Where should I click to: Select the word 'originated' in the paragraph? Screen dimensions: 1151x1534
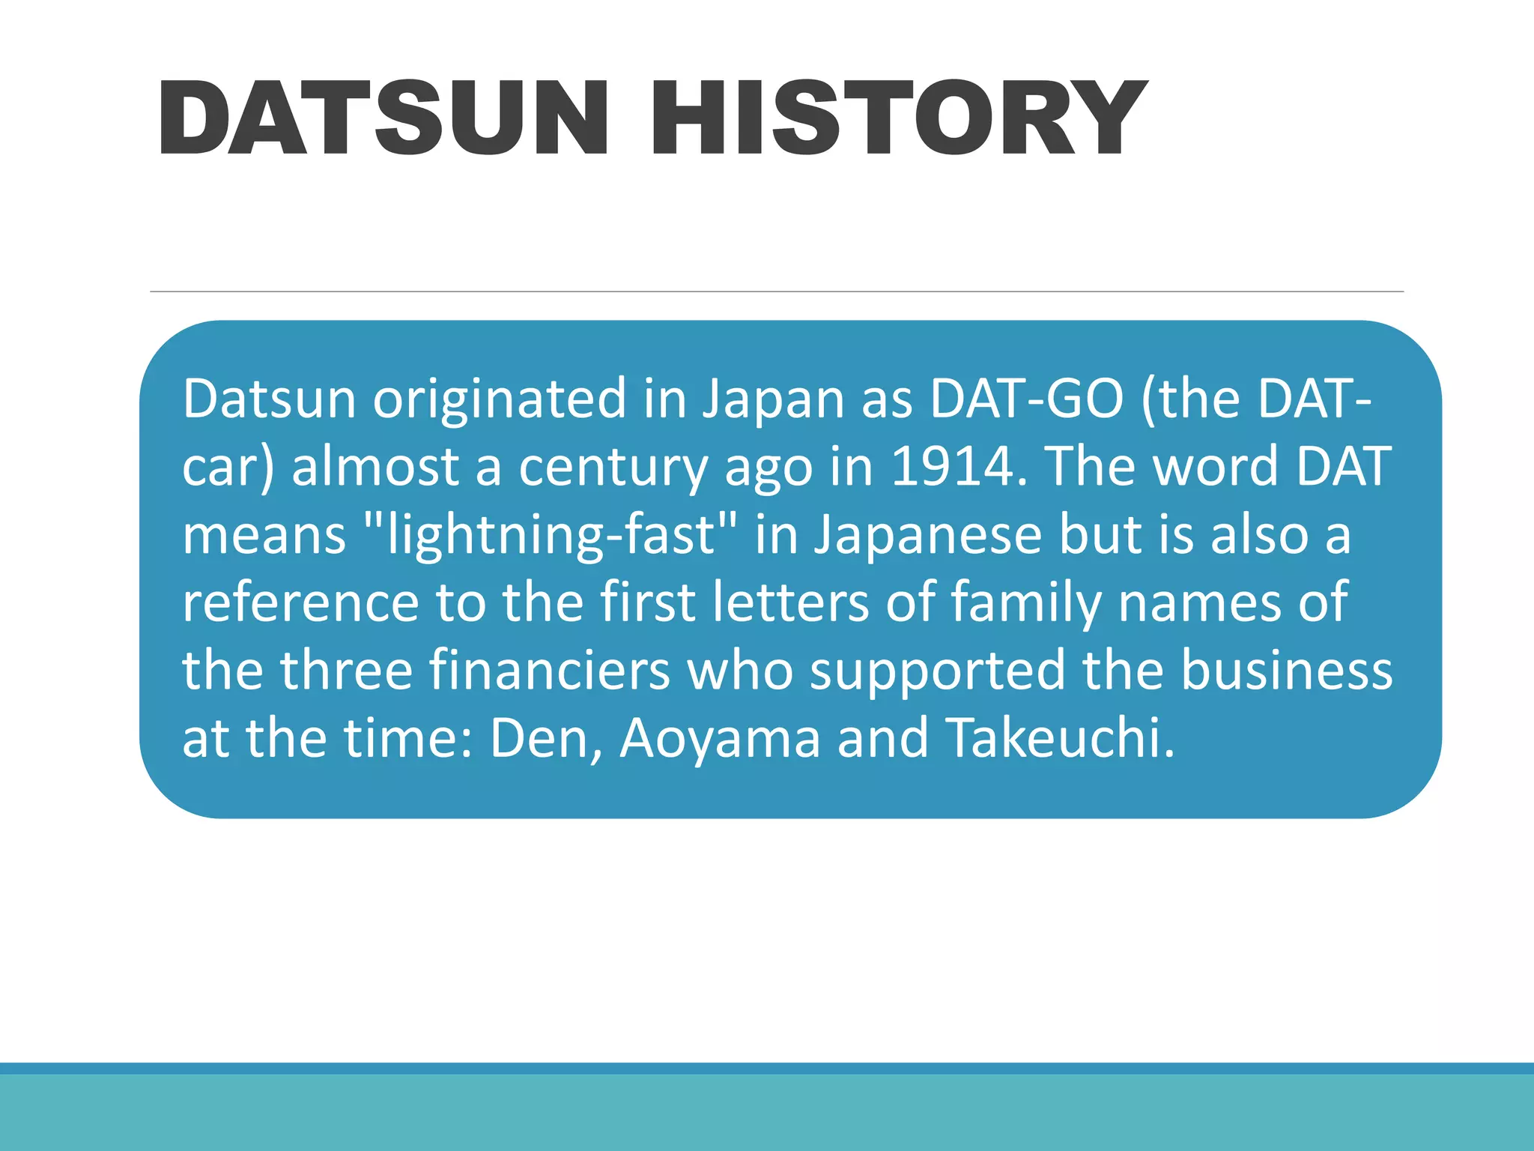tap(500, 399)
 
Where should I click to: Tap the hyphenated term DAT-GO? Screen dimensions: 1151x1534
tap(1026, 399)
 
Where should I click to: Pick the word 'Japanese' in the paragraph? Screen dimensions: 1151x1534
tap(928, 536)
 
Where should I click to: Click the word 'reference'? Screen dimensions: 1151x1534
tap(300, 602)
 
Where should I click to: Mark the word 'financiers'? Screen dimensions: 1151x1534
tap(550, 670)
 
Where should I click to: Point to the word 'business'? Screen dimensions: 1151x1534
tap(1286, 670)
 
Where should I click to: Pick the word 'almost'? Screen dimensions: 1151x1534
tap(375, 467)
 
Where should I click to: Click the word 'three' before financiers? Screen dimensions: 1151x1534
tap(347, 670)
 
